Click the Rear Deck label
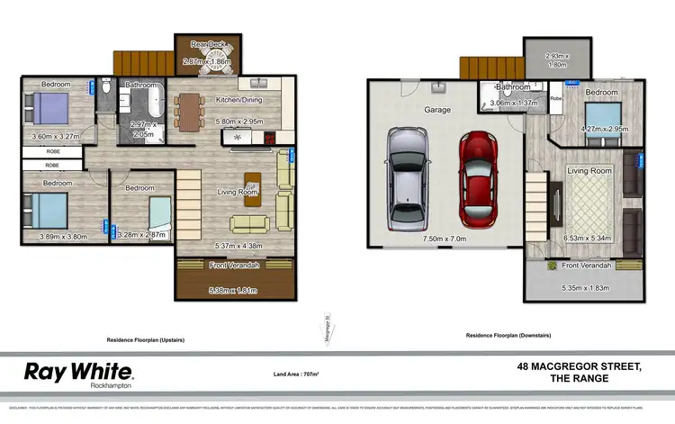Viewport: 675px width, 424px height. [208, 46]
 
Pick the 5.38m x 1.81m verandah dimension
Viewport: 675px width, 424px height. [233, 291]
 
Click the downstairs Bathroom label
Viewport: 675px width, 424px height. [513, 87]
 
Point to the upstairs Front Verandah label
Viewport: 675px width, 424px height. [233, 266]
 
